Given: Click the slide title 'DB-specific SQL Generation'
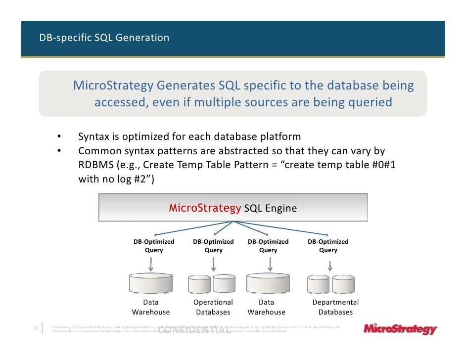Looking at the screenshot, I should (x=104, y=38).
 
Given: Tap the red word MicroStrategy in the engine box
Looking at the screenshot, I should (x=205, y=208).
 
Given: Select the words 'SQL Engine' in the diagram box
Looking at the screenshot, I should (x=271, y=208).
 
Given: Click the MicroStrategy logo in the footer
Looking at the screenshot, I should (x=400, y=329).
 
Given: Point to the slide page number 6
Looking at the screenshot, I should (x=36, y=328).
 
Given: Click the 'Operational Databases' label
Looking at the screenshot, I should (x=213, y=307).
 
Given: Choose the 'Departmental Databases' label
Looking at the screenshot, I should (x=335, y=307).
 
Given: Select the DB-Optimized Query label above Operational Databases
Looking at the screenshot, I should (x=213, y=246).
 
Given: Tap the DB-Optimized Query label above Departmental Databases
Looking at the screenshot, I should (x=328, y=246).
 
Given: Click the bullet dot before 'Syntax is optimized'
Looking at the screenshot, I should (x=59, y=136).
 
